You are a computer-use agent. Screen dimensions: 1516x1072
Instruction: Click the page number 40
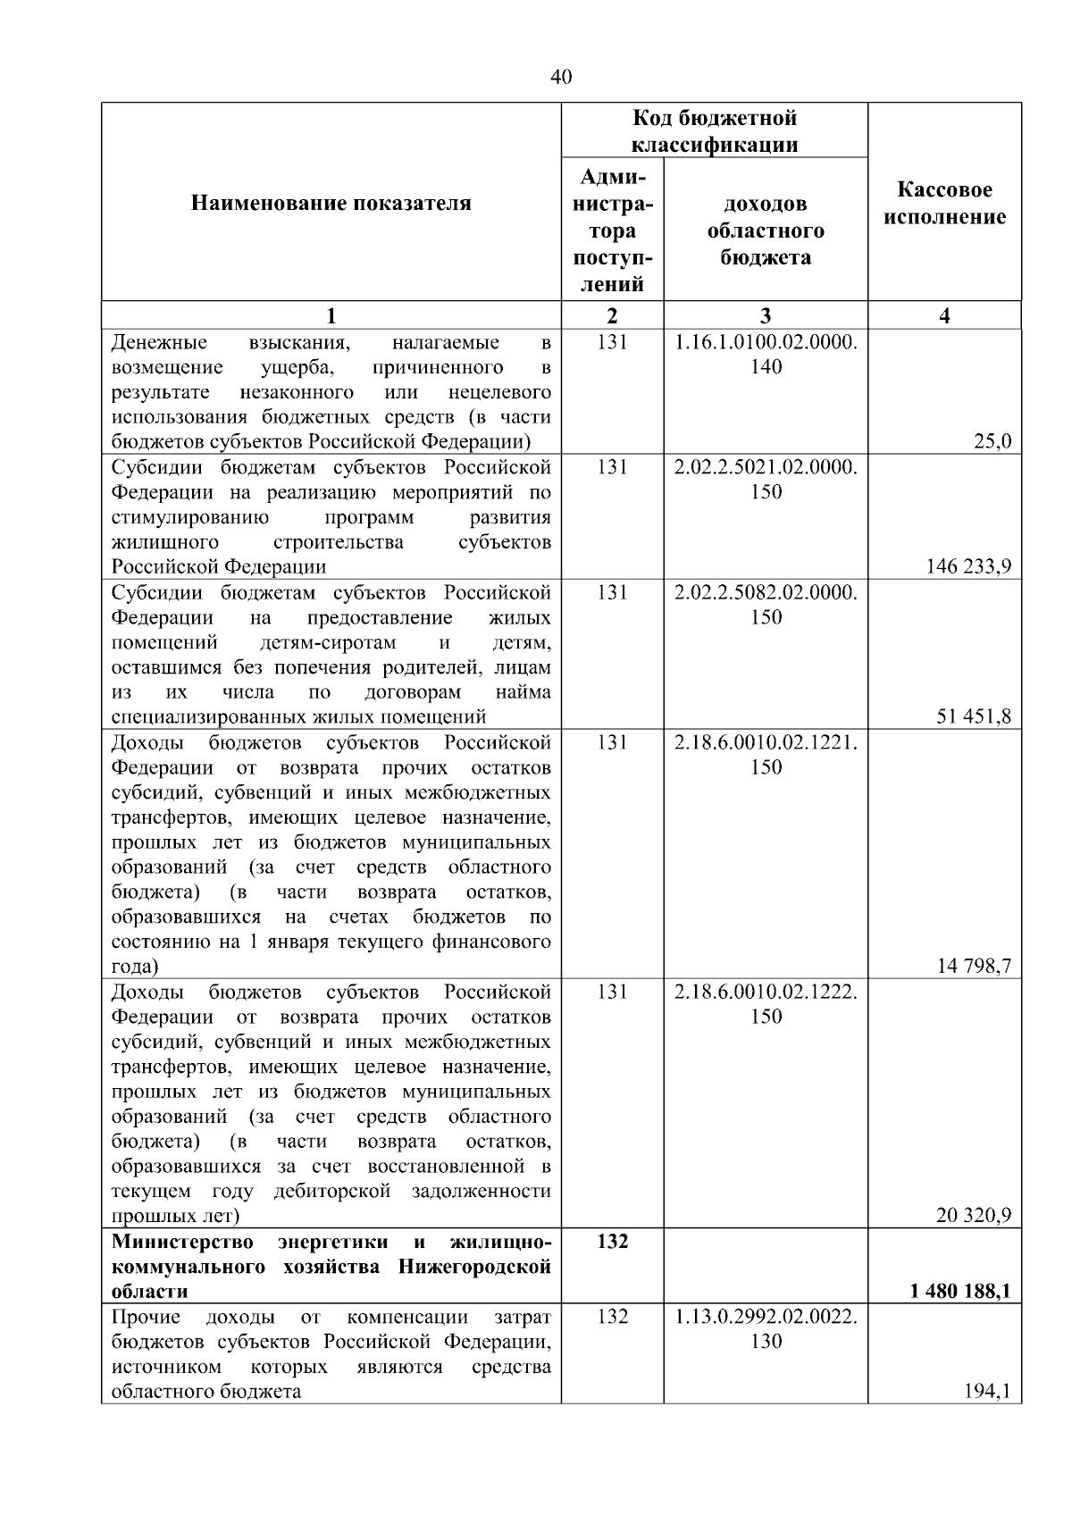(561, 78)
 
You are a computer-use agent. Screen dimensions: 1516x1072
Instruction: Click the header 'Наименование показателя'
(331, 204)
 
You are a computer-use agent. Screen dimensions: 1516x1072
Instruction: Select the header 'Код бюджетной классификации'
(715, 131)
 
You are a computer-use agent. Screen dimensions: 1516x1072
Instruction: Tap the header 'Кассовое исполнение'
(944, 204)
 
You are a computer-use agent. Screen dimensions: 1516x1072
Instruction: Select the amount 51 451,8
(974, 716)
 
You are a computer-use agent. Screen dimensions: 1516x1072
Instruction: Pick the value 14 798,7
(974, 966)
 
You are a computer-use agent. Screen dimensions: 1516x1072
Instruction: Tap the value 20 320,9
(974, 1215)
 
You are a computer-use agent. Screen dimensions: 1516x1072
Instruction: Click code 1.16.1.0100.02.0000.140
(766, 355)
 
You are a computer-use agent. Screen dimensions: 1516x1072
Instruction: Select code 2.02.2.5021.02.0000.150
(766, 480)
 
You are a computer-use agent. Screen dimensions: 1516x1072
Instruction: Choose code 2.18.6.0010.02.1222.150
(766, 1004)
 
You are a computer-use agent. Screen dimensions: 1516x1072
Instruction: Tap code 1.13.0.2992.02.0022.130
(766, 1328)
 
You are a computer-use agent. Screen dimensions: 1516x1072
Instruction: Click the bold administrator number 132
(612, 1242)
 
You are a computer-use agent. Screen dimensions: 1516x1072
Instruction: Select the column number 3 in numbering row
(766, 315)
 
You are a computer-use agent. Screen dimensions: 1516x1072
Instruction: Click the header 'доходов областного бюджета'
(766, 230)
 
